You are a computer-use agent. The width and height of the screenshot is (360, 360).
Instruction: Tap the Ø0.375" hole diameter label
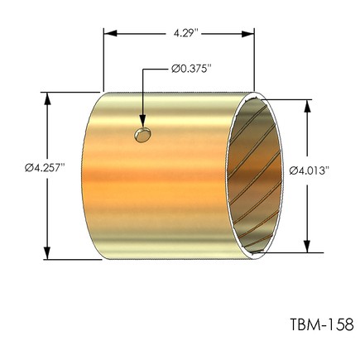click(x=191, y=69)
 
